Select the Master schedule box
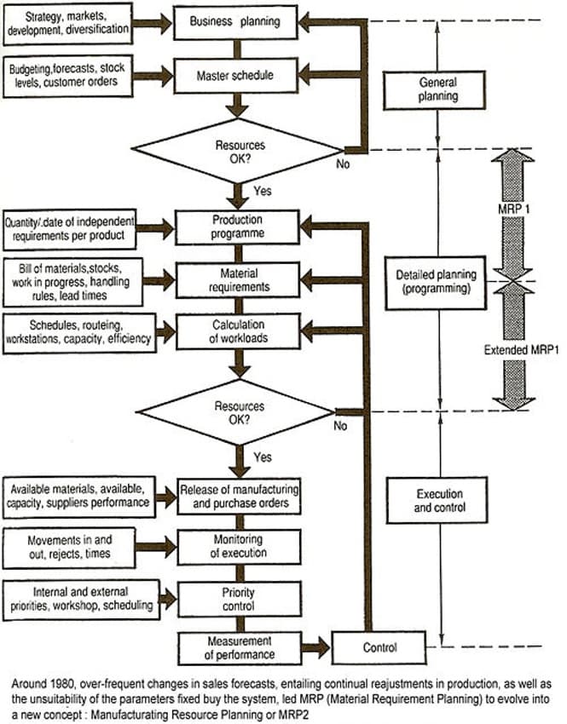tap(237, 75)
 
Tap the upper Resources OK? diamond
tap(239, 150)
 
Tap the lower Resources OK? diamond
tap(239, 413)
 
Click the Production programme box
tap(237, 227)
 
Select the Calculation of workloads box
tap(237, 332)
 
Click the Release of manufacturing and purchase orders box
tap(239, 495)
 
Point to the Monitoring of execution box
tap(238, 546)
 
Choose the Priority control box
tap(238, 598)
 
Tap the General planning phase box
tap(437, 90)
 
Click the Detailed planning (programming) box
tap(437, 281)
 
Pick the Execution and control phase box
tap(437, 500)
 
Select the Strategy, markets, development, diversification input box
tap(68, 23)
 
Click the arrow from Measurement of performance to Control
tap(315, 648)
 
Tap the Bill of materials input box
tap(68, 280)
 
